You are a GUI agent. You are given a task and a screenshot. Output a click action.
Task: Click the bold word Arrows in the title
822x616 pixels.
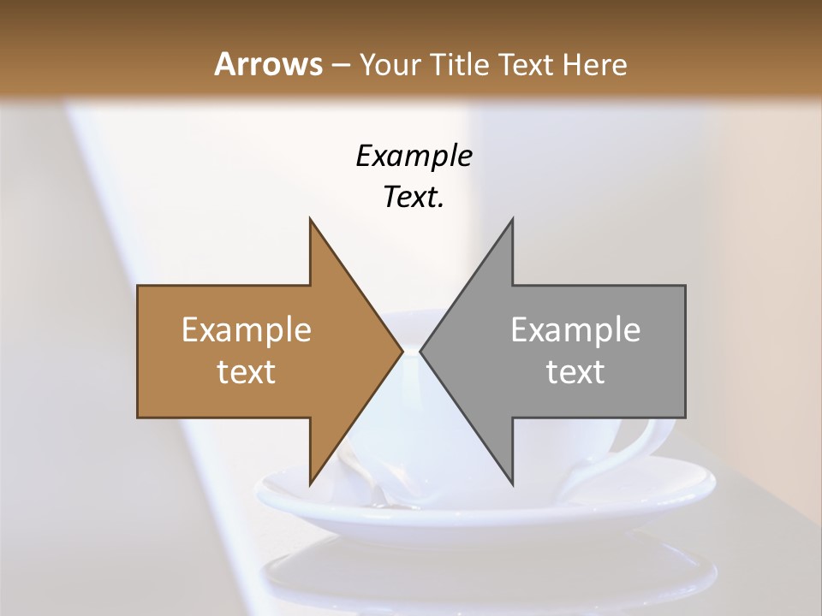pos(268,64)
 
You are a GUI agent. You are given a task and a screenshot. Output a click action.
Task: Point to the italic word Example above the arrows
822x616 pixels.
pos(414,156)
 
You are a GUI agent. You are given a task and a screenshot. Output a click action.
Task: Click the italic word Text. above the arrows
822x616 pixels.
pos(414,197)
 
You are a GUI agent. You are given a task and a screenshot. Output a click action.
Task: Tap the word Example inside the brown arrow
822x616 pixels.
pos(247,330)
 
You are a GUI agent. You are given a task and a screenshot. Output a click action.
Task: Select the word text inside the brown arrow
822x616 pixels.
pos(247,371)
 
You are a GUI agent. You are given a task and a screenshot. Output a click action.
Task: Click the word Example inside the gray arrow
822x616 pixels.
pos(575,330)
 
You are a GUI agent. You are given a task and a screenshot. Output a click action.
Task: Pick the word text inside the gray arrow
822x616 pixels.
pos(575,371)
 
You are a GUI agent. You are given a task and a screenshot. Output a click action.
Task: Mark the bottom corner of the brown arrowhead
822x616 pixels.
pos(311,483)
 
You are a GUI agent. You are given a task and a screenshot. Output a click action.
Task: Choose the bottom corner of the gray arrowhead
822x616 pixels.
pos(512,483)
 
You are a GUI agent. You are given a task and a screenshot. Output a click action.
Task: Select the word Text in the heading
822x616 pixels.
pos(524,64)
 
